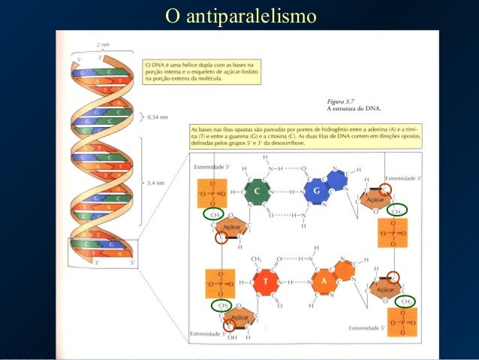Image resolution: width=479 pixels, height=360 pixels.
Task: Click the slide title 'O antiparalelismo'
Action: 239,15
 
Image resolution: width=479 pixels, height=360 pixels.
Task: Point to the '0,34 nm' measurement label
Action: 158,116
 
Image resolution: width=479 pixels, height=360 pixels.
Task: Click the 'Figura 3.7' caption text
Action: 342,100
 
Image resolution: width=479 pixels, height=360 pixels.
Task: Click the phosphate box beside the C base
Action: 212,193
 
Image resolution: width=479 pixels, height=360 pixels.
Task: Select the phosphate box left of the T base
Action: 212,285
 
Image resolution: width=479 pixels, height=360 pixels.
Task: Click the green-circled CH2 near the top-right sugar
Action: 399,211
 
